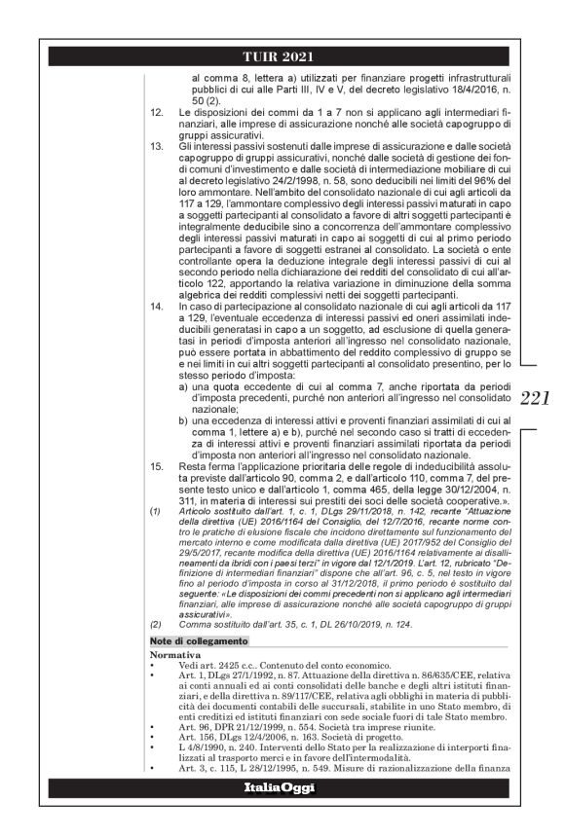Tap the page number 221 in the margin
[x=535, y=398]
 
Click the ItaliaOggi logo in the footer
[x=282, y=811]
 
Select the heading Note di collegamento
[x=193, y=640]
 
